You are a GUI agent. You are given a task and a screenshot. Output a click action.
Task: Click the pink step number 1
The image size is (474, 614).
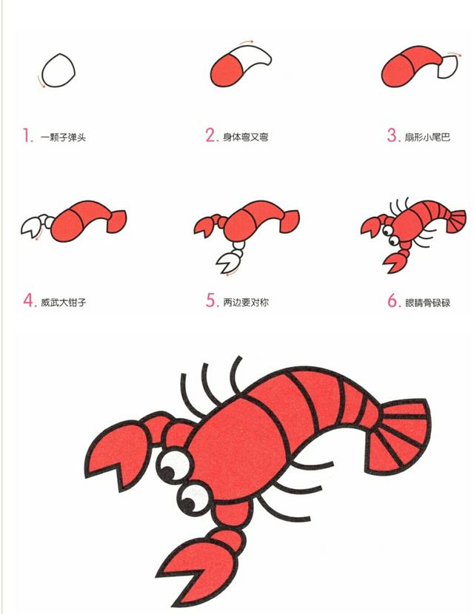pyautogui.click(x=27, y=136)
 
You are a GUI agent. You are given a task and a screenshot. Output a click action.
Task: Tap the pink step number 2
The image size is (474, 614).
pyautogui.click(x=211, y=135)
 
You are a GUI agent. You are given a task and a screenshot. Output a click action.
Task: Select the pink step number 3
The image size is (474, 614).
pyautogui.click(x=393, y=135)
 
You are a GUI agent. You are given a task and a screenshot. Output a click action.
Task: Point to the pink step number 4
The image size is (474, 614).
pyautogui.click(x=29, y=301)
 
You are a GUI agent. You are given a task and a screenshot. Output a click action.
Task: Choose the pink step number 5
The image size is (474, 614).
pyautogui.click(x=211, y=301)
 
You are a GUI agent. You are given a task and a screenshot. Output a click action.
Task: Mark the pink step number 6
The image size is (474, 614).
pyautogui.click(x=393, y=301)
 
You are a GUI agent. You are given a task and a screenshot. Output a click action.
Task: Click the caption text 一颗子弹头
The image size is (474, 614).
pyautogui.click(x=63, y=138)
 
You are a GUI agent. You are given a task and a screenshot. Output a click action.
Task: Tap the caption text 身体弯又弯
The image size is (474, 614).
pyautogui.click(x=246, y=137)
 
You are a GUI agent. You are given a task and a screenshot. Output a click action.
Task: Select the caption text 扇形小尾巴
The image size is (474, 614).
pyautogui.click(x=428, y=137)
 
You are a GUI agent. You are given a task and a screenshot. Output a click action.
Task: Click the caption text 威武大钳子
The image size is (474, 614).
pyautogui.click(x=63, y=303)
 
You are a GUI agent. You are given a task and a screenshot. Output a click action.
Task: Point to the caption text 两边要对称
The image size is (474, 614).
pyautogui.click(x=246, y=303)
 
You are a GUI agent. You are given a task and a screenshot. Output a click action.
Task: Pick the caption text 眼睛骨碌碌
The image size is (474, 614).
pyautogui.click(x=428, y=303)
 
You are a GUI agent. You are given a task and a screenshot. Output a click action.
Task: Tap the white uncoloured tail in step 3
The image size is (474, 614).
pyautogui.click(x=449, y=66)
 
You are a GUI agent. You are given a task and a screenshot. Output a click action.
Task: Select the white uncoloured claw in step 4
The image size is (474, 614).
pyautogui.click(x=31, y=226)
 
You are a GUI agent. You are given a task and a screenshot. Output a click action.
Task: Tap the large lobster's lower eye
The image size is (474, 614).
pyautogui.click(x=194, y=499)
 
